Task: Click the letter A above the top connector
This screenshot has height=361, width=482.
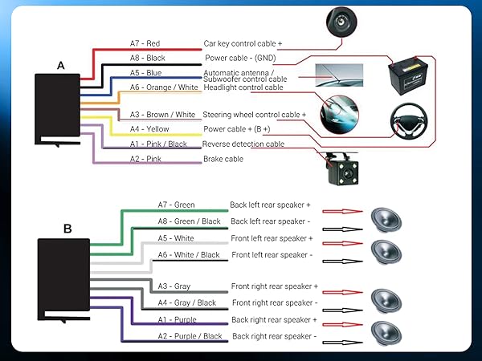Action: click(x=60, y=65)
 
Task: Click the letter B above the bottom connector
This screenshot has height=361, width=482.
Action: click(x=67, y=229)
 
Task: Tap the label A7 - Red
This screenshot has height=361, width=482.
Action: click(x=145, y=43)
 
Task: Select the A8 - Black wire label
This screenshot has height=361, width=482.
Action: click(x=149, y=58)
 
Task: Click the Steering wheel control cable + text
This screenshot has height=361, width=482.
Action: click(x=255, y=115)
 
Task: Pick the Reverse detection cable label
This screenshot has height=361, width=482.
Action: click(x=243, y=144)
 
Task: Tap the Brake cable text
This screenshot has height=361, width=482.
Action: click(x=223, y=159)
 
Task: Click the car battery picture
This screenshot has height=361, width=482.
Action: click(x=411, y=78)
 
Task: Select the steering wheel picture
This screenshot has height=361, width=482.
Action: click(x=416, y=122)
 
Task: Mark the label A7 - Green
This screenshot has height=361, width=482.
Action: click(x=177, y=205)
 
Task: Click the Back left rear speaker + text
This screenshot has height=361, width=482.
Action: click(x=270, y=205)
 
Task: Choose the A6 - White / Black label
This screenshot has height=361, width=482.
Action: click(x=189, y=255)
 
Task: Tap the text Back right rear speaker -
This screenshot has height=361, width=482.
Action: click(x=273, y=336)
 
